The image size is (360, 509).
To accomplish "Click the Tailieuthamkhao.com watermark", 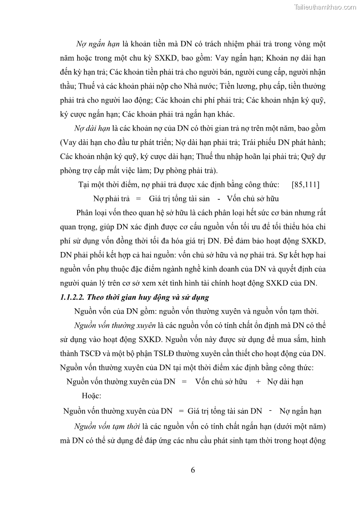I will click(x=325, y=7).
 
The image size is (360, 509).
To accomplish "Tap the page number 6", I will click(x=193, y=470).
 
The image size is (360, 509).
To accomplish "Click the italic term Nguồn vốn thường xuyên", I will click(x=115, y=325).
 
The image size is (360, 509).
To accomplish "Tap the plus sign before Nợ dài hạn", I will click(x=258, y=382).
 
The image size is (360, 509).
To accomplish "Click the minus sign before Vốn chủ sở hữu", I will click(x=219, y=199).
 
